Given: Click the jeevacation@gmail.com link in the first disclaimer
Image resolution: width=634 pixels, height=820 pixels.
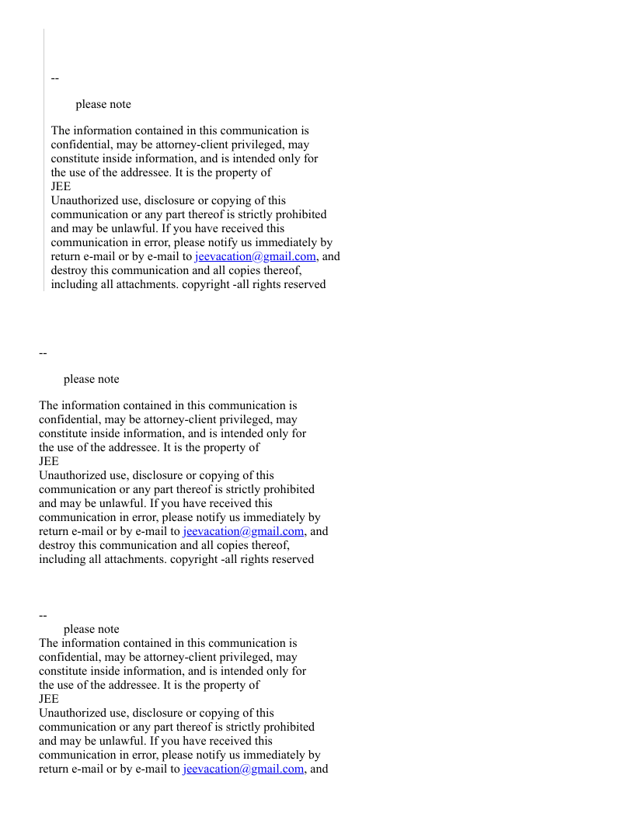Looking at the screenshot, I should point(255,257).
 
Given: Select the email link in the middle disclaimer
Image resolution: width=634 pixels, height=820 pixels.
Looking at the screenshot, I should point(243,532).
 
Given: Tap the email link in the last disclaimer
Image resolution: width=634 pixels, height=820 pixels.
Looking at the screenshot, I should point(243,770).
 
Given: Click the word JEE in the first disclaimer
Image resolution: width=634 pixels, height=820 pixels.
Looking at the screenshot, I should point(61,187).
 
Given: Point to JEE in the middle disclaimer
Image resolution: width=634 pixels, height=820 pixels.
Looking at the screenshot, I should point(49,462).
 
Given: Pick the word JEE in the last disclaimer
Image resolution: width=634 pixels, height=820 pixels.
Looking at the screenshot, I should point(49,700).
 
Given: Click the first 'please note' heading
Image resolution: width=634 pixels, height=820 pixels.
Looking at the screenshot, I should point(103,105).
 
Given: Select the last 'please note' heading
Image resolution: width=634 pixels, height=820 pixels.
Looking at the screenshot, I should point(92,630).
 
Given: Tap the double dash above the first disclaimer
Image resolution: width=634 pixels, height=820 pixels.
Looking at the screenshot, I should point(55,78).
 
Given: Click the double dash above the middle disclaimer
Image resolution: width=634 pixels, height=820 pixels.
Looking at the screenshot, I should point(44,353).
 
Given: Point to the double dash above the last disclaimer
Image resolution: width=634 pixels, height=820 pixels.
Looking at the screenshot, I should point(44,616).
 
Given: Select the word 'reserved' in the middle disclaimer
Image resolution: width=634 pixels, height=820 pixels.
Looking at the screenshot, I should point(293,560).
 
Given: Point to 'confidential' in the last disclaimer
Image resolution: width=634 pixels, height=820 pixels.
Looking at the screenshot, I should point(71,658).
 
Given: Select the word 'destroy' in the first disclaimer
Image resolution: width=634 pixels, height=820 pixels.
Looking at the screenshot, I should point(68,271).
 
